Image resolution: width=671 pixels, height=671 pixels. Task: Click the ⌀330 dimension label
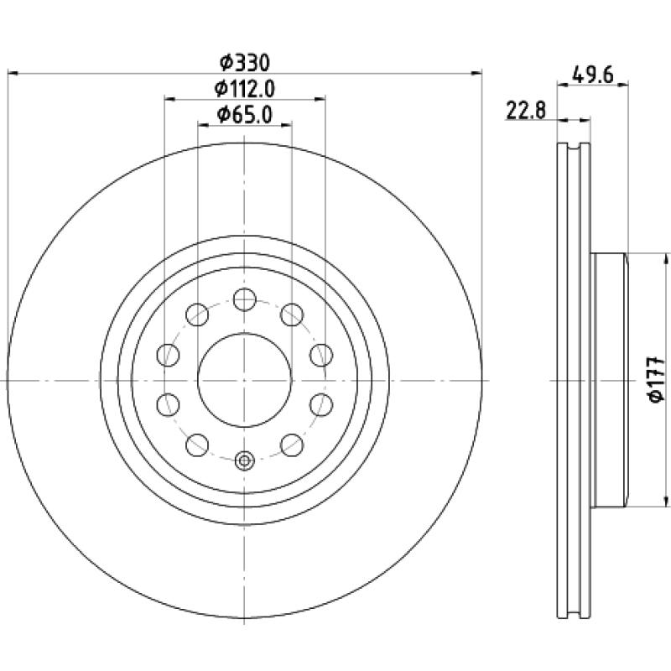[245, 64]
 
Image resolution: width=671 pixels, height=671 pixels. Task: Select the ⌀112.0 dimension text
[244, 89]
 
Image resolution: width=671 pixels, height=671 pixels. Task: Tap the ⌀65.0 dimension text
[244, 115]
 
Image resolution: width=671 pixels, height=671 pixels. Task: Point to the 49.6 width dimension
[593, 75]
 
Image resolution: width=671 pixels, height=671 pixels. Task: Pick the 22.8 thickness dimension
[527, 111]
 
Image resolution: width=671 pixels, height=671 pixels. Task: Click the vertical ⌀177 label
[656, 380]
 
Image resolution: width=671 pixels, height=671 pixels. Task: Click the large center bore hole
[244, 380]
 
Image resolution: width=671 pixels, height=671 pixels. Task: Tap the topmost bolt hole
[244, 299]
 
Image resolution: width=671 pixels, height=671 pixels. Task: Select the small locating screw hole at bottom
[244, 460]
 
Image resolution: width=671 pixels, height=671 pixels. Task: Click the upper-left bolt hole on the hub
[197, 315]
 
